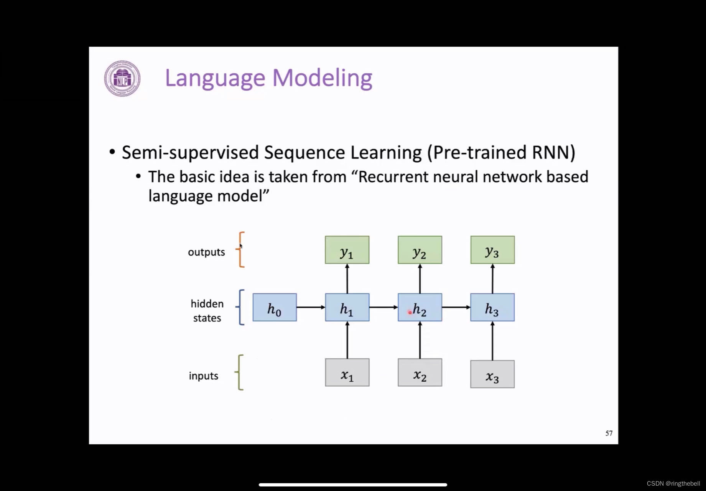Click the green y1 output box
[x=347, y=250]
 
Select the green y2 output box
[x=420, y=250]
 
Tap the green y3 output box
[x=492, y=250]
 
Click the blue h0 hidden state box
[x=275, y=307]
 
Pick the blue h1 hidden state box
[x=347, y=307]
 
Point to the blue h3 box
[x=492, y=307]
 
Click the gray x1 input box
[x=347, y=372]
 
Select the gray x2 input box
[x=420, y=372]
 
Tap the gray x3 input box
[x=492, y=374]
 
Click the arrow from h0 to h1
[x=311, y=307]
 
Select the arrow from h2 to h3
[x=456, y=307]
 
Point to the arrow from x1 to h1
[x=347, y=340]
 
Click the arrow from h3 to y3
[x=492, y=279]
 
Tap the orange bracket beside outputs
[x=241, y=250]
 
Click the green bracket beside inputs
[x=240, y=372]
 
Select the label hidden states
[x=207, y=311]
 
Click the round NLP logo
[x=122, y=78]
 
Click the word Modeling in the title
[x=322, y=78]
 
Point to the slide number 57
[x=609, y=433]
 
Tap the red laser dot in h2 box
[x=410, y=313]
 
